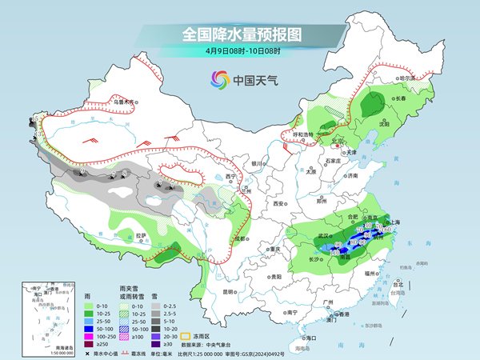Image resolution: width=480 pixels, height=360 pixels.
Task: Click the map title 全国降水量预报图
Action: (x=240, y=34)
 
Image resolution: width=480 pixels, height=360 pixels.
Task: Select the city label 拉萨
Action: (x=141, y=236)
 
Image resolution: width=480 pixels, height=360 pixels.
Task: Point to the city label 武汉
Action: (x=323, y=236)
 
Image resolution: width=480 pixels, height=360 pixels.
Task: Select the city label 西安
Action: (x=278, y=204)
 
